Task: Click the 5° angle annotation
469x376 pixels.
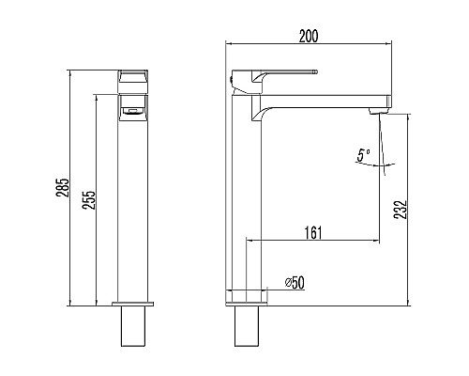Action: coord(363,154)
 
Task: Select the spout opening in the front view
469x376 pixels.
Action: coord(133,111)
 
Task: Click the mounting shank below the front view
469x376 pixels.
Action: coord(133,326)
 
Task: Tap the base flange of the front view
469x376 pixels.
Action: coord(133,304)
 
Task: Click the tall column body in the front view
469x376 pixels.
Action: coord(133,207)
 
